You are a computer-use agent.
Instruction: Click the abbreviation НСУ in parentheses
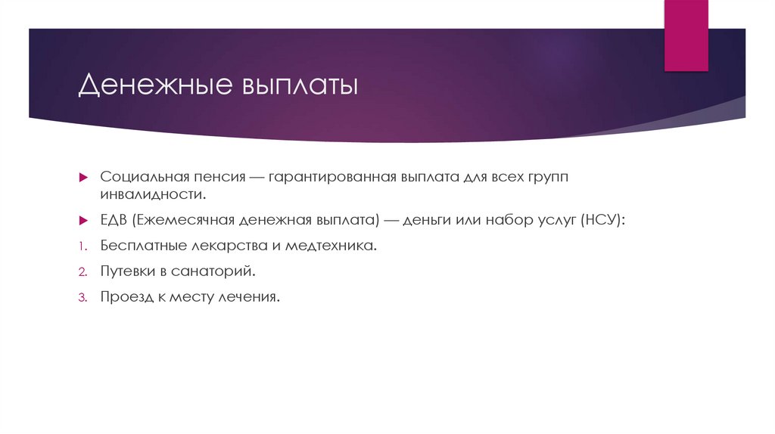pyautogui.click(x=600, y=220)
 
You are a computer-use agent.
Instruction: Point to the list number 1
pyautogui.click(x=82, y=246)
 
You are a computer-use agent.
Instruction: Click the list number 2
pyautogui.click(x=82, y=271)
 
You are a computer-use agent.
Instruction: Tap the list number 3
pyautogui.click(x=82, y=297)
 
